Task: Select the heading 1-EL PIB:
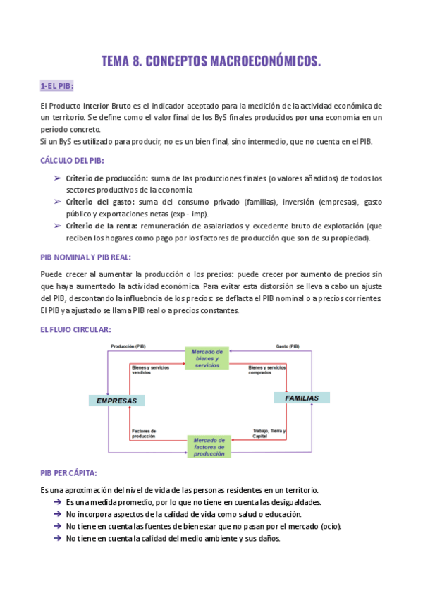[x=57, y=86]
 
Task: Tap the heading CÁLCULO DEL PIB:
[x=72, y=160]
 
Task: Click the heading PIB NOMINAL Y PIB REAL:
[x=85, y=257]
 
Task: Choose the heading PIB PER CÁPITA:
[x=69, y=472]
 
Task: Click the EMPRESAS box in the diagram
[x=116, y=401]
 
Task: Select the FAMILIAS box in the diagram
[x=302, y=398]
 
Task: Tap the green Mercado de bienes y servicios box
[x=207, y=358]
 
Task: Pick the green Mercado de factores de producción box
[x=209, y=446]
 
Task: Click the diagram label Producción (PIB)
[x=128, y=346]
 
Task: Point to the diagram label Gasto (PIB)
[x=287, y=346]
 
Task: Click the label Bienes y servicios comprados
[x=266, y=370]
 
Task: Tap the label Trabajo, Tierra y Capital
[x=268, y=433]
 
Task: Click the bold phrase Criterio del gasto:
[x=101, y=202]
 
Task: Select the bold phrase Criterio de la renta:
[x=103, y=226]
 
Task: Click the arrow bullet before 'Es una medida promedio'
[x=56, y=502]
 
